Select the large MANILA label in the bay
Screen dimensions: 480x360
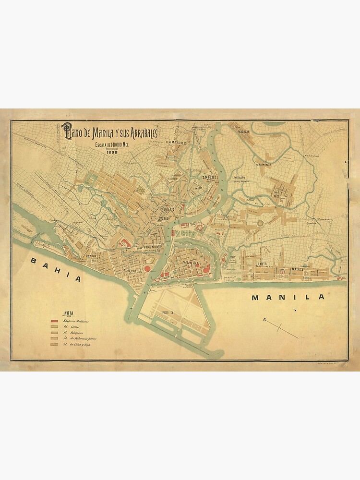(288, 297)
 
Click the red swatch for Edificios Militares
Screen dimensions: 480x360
(55, 321)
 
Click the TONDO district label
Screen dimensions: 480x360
(91, 256)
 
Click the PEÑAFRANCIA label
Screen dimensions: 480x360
(267, 164)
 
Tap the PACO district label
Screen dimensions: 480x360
(276, 196)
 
